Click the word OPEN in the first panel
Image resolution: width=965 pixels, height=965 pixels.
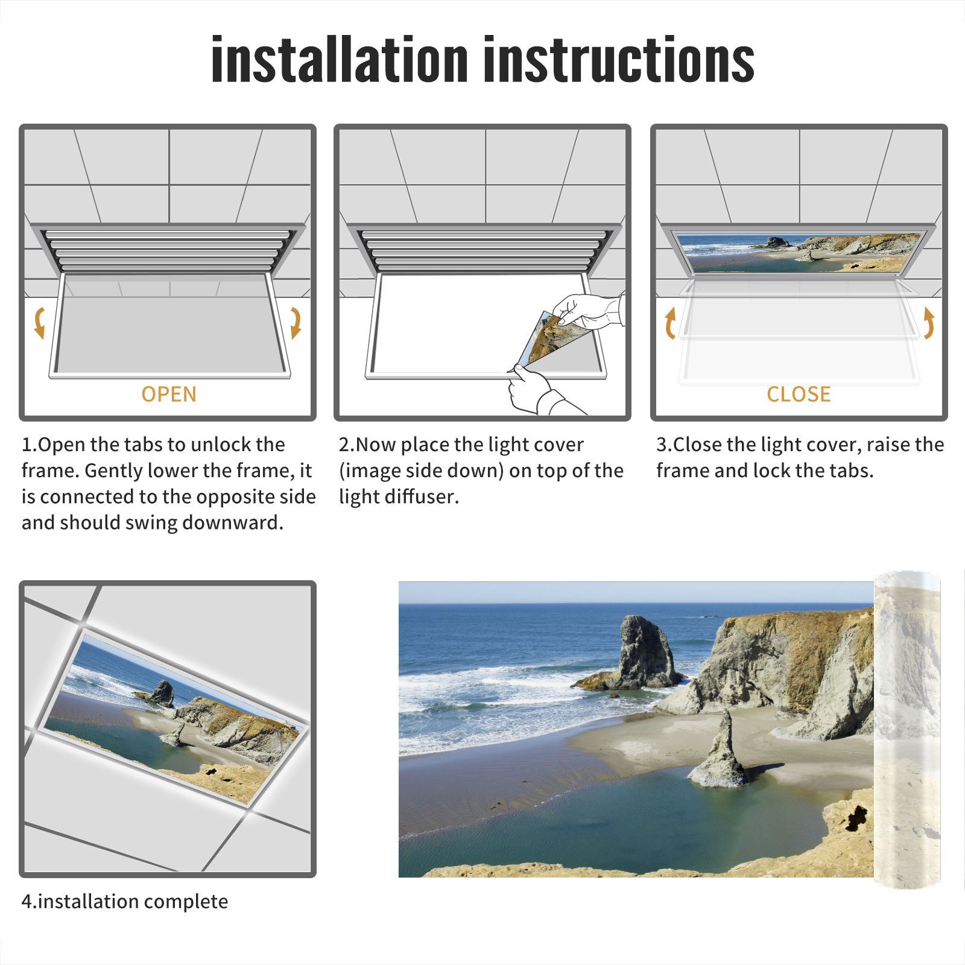tap(169, 394)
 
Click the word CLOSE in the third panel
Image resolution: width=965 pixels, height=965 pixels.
tap(799, 394)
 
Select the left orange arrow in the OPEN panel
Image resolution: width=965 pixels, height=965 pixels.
tap(40, 323)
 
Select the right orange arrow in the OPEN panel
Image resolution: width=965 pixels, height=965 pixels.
tap(296, 323)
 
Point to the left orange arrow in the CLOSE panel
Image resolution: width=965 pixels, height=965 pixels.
tap(670, 323)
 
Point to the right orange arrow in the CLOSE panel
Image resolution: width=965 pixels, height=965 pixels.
tap(929, 323)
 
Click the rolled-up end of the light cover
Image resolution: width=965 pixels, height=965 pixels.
tap(907, 730)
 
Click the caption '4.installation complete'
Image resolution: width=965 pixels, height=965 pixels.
tap(125, 901)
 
